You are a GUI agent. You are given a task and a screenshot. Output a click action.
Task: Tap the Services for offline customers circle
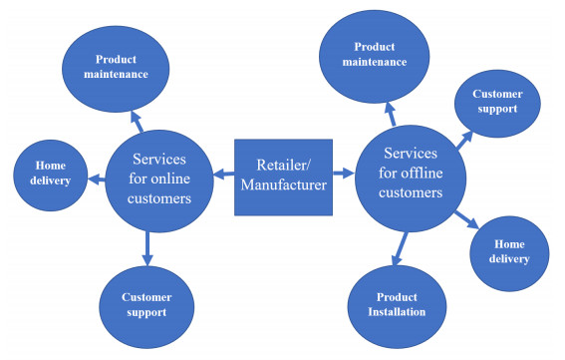click(x=411, y=175)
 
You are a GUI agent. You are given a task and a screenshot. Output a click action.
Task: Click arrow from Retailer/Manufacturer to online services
click(x=224, y=178)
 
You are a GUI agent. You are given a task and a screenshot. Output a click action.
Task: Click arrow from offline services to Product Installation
click(x=400, y=247)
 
